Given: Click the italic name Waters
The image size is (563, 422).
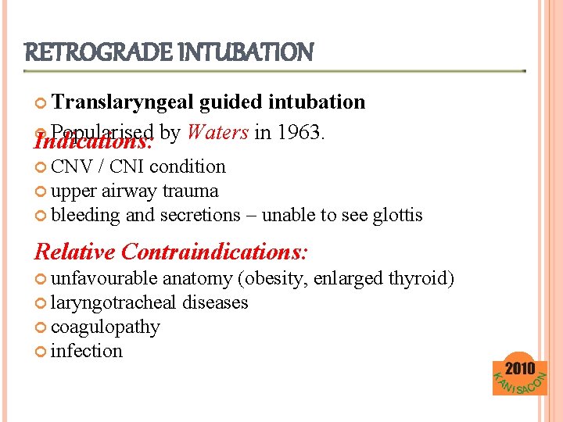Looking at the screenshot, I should click(217, 133).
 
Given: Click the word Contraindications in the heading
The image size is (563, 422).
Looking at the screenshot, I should click(215, 252).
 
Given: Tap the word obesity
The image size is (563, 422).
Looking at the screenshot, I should click(274, 278).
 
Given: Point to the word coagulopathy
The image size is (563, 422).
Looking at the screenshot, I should click(105, 327).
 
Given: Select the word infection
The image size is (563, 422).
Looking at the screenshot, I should click(86, 351).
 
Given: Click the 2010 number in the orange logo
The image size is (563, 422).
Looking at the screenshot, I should click(520, 368).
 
